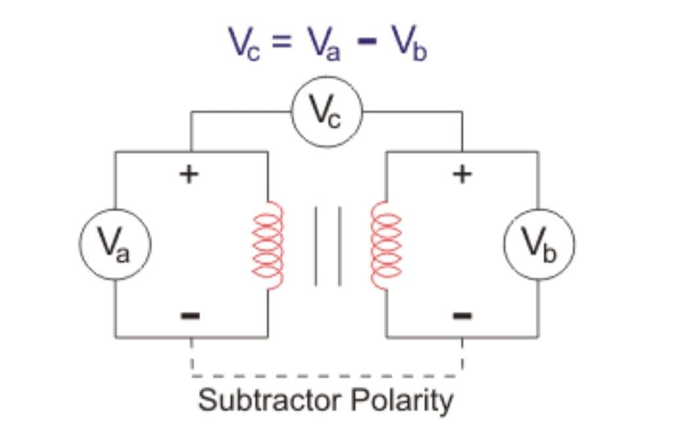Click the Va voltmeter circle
pos(115,244)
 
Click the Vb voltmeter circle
pos(539,244)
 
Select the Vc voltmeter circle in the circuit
pos(327,112)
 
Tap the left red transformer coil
pos(269,245)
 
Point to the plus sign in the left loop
pos(189,174)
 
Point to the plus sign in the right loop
pos(463,174)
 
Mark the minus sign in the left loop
pos(190,316)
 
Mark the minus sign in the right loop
pos(463,316)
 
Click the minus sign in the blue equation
pos(366,43)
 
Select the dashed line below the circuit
pos(327,376)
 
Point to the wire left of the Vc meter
pos(241,112)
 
